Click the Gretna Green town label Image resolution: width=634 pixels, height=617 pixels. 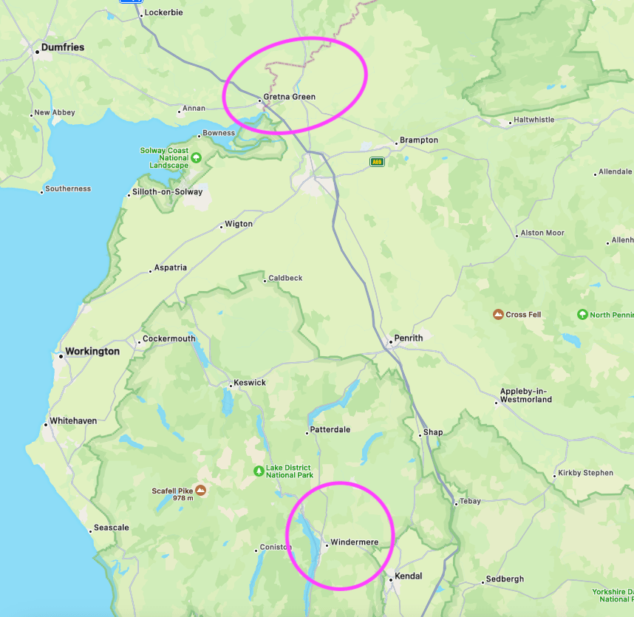pos(289,97)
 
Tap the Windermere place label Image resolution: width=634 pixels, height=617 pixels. pos(354,542)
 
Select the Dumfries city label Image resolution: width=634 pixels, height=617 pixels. pos(63,47)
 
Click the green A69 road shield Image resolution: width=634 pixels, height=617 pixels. pos(377,161)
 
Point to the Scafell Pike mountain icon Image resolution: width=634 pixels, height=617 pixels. pos(200,490)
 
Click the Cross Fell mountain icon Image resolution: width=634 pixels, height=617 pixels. pos(498,315)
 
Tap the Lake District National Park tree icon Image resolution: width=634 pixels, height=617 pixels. pos(259,471)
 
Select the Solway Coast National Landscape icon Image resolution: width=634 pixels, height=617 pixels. pos(196,157)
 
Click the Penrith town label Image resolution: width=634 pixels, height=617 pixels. pos(408,338)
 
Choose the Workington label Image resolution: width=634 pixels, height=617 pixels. pos(92,351)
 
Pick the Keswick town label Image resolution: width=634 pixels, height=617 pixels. pos(249,383)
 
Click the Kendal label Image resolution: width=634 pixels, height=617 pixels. pos(409,576)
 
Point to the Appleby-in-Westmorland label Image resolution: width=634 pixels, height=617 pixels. pos(526,395)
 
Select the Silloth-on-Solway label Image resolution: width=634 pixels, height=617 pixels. pos(167,192)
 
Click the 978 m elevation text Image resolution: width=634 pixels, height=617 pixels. pos(183,498)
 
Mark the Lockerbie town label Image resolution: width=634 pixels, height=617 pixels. pos(163,13)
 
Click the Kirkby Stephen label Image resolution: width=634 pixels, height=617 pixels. pos(585,473)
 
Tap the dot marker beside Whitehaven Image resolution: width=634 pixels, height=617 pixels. pos(45,421)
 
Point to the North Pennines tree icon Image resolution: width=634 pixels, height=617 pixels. pos(582,315)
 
